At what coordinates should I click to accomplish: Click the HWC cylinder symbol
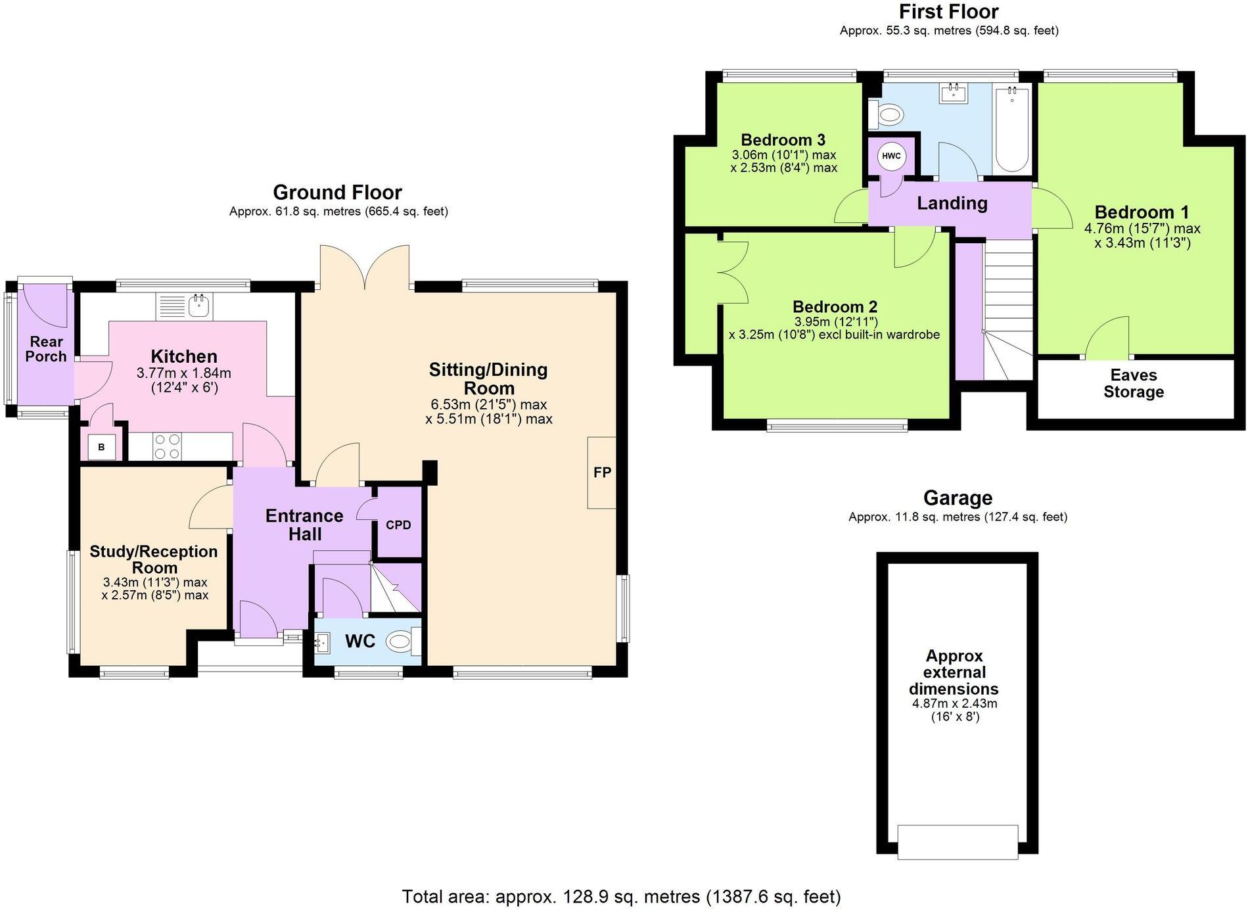pos(891,156)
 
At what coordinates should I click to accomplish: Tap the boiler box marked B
pos(101,447)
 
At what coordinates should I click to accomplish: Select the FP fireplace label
pos(602,472)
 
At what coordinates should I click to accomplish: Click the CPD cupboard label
pos(398,525)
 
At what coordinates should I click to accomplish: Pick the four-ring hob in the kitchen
pos(167,446)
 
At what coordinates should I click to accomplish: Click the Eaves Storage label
pos(1133,383)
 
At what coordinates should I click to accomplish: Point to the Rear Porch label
pos(46,349)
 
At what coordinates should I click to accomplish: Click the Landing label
pos(952,203)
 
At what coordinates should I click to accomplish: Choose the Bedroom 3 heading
pos(783,139)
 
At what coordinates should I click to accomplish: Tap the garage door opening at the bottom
pos(958,842)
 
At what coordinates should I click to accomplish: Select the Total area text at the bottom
pos(621,897)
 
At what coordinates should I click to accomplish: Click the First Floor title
pos(948,12)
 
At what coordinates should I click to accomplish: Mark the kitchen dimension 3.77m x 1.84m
pos(184,373)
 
